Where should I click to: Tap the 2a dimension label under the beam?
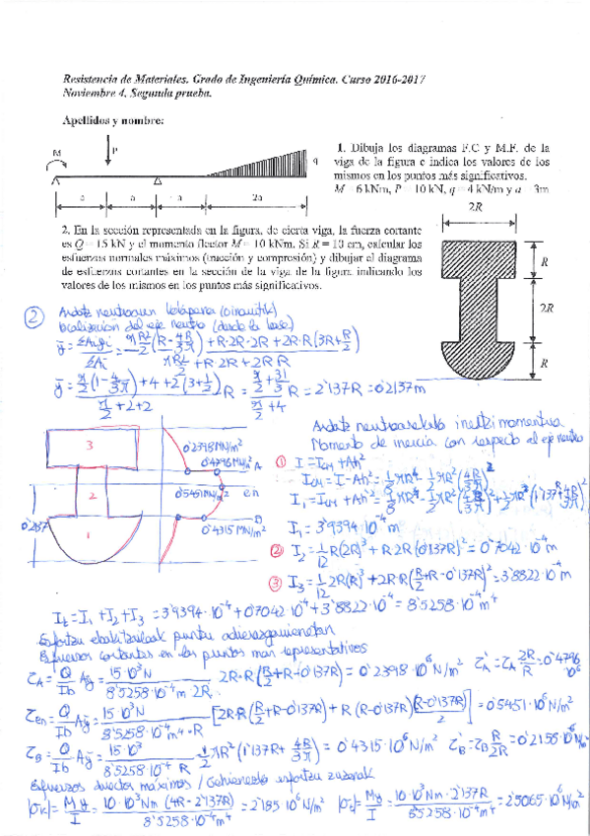258,197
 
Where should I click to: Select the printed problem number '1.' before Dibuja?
340,146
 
